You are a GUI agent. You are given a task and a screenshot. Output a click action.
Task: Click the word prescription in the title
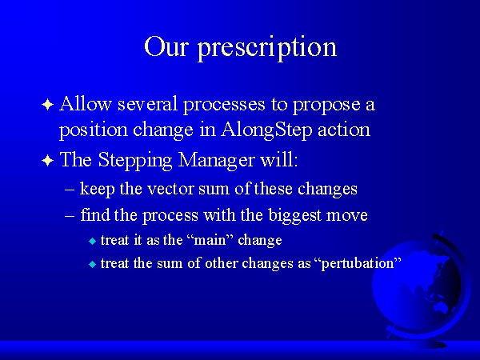[x=267, y=48]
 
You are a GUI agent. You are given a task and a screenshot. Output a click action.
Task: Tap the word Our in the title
[x=166, y=46]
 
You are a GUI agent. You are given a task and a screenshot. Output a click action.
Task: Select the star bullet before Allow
[x=47, y=105]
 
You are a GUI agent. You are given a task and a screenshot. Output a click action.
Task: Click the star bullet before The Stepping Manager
[x=47, y=161]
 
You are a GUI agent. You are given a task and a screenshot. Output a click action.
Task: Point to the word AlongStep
[x=266, y=130]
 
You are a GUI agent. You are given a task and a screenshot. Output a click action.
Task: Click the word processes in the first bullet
[x=224, y=106]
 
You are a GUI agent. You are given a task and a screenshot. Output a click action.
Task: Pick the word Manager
[x=216, y=161]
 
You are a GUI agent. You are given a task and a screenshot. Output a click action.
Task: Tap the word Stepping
[x=135, y=161]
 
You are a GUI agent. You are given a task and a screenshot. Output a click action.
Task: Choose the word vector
[x=170, y=189]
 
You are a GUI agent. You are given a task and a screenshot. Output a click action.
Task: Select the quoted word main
[x=210, y=240]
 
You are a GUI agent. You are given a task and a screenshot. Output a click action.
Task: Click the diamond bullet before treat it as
[x=92, y=242]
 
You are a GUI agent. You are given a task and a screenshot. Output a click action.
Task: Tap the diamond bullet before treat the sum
[x=92, y=265]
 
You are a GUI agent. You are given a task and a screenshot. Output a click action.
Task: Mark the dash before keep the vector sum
[x=70, y=190]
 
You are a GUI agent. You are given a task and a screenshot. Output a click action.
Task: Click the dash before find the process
[x=70, y=215]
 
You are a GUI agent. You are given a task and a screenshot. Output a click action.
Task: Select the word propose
[x=326, y=106]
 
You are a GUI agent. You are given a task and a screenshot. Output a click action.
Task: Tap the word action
[x=344, y=130]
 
